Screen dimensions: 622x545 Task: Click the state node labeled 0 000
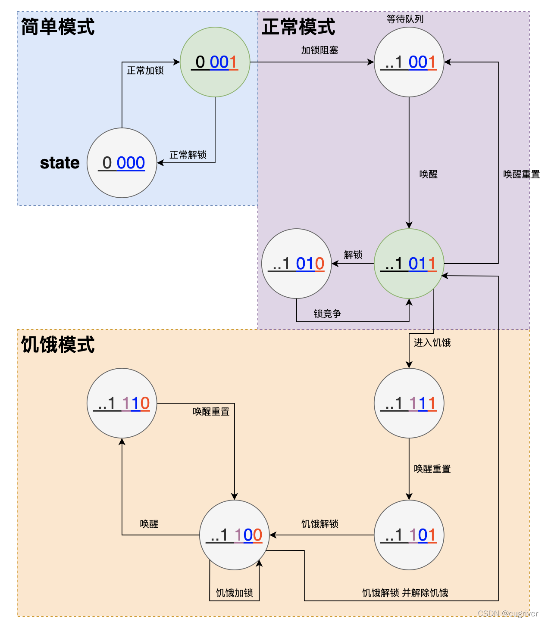tap(122, 163)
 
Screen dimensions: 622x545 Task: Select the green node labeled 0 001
tap(215, 62)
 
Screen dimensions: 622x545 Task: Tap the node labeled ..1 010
tap(297, 264)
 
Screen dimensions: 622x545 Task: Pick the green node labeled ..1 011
tap(409, 264)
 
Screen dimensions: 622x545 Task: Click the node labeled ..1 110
tap(122, 403)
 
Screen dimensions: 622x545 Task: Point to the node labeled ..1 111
tap(409, 403)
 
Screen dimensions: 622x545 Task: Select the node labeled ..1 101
tap(409, 535)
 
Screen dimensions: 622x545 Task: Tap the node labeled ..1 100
tap(235, 535)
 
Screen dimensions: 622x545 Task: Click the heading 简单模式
tap(58, 27)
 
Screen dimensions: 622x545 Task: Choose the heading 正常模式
tap(298, 27)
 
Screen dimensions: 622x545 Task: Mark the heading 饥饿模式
tap(58, 345)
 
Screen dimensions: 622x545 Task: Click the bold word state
tap(60, 163)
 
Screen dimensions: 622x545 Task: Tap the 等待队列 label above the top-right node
tap(405, 19)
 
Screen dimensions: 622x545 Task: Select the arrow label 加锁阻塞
tap(319, 50)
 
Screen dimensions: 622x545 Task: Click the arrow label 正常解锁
tap(188, 155)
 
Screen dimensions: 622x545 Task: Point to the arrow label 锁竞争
tap(327, 314)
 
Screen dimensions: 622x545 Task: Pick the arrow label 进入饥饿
tap(432, 342)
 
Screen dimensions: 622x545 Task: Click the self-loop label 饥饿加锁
tap(235, 593)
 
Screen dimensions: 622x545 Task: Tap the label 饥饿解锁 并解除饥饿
tap(405, 593)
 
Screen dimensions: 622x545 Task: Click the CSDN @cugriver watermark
tap(507, 613)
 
